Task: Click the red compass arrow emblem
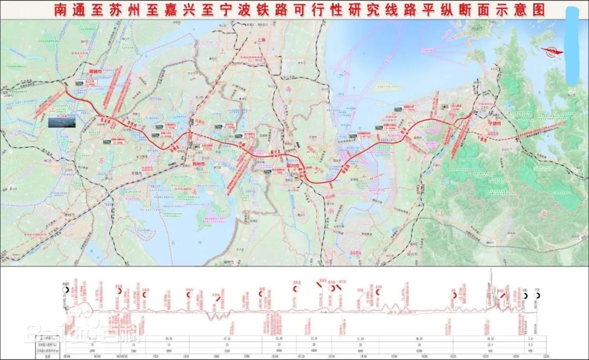pyautogui.click(x=552, y=51)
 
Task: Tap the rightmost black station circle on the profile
pyautogui.click(x=538, y=295)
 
